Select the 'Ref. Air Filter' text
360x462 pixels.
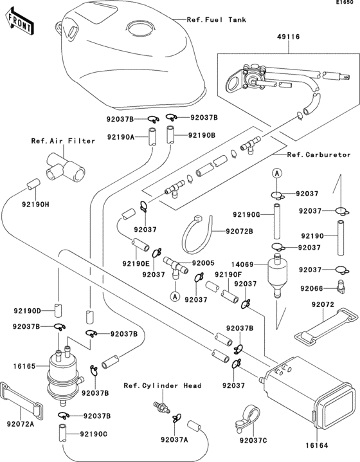click(64, 140)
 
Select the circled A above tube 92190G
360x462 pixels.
click(274, 174)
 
